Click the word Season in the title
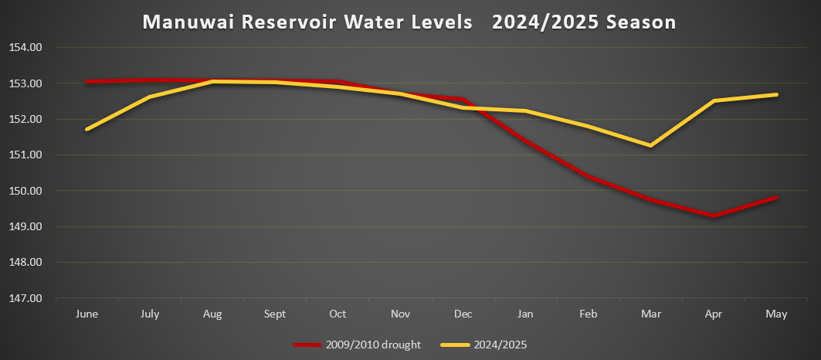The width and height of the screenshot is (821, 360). pos(640,22)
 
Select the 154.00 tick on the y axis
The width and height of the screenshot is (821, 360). pos(25,47)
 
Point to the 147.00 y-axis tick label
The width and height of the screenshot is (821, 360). pos(25,297)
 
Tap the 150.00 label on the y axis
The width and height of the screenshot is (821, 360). pos(25,191)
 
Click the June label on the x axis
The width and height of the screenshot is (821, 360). pos(87,314)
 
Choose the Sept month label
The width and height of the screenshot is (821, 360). pos(275,314)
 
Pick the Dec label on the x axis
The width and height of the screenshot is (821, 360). pos(463,314)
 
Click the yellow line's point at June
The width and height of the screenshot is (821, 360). pos(87,129)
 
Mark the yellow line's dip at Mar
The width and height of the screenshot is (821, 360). pos(650,145)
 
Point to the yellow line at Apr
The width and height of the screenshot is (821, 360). pos(714,100)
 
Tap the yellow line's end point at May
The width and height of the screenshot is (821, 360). pos(776,94)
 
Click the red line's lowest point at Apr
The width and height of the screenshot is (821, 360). pos(714,216)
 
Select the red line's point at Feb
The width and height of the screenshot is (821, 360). pos(589,176)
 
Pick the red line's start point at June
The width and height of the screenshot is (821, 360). pos(87,81)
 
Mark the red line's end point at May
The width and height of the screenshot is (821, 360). pos(776,197)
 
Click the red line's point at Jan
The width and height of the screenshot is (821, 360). pos(526,140)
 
